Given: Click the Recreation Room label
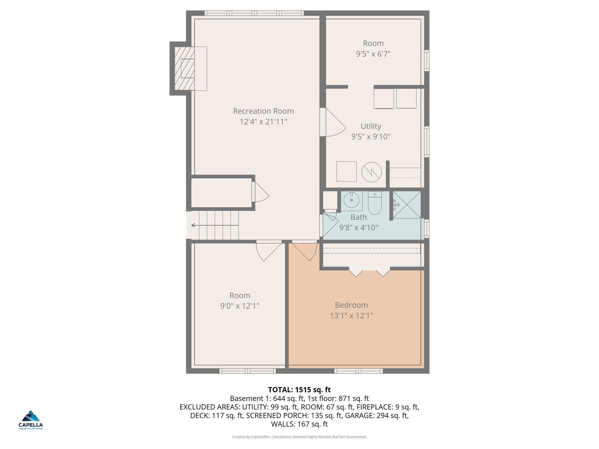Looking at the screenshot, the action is pyautogui.click(x=263, y=111).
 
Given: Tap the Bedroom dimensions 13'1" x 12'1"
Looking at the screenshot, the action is pyautogui.click(x=351, y=316).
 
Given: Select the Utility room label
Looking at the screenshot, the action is pyautogui.click(x=371, y=126).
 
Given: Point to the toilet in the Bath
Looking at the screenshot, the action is pyautogui.click(x=375, y=203).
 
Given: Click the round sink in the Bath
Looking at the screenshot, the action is pyautogui.click(x=351, y=200).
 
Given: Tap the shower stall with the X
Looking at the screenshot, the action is pyautogui.click(x=407, y=205).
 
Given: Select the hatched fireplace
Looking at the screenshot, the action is pyautogui.click(x=185, y=69).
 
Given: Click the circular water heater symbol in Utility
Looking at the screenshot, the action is pyautogui.click(x=371, y=172).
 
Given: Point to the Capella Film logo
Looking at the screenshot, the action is pyautogui.click(x=31, y=420).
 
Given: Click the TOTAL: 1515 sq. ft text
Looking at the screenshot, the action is pyautogui.click(x=299, y=390).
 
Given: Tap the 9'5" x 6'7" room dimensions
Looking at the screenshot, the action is pyautogui.click(x=373, y=54).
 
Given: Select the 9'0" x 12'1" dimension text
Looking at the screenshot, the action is pyautogui.click(x=240, y=306).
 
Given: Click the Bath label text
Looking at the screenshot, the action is pyautogui.click(x=359, y=217).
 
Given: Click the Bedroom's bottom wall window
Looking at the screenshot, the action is pyautogui.click(x=359, y=371).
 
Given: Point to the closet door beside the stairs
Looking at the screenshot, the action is pyautogui.click(x=261, y=192).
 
